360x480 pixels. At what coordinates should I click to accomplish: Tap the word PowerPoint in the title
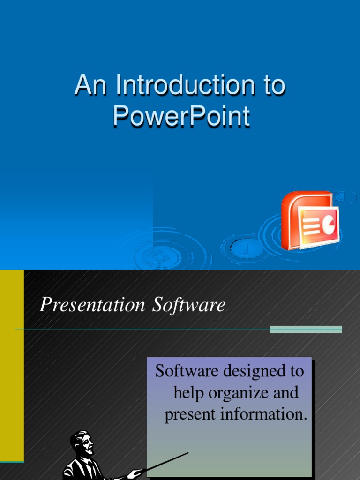click(x=181, y=117)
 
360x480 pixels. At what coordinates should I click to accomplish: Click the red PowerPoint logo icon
click(x=309, y=220)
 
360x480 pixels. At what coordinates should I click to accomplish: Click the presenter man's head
click(x=82, y=442)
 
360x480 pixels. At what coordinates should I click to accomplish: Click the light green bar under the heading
click(x=306, y=330)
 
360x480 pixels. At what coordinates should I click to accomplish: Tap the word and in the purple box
click(x=286, y=392)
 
